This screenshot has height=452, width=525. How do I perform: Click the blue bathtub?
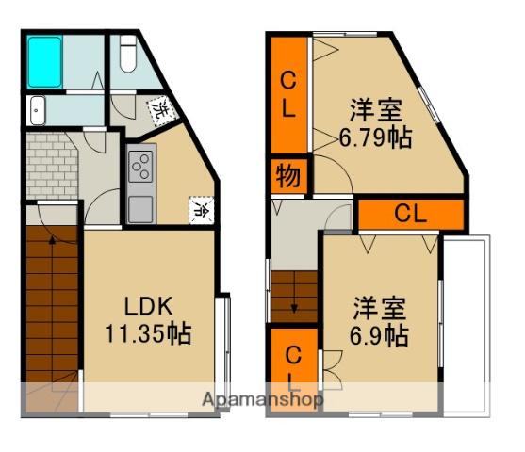point(44,63)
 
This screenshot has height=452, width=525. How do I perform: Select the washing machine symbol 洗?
point(162,110)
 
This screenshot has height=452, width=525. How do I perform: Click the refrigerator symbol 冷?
point(201,208)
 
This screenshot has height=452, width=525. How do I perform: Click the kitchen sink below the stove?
point(140,204)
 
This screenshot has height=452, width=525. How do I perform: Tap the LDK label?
point(147,305)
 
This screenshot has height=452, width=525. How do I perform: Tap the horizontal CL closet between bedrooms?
point(410,213)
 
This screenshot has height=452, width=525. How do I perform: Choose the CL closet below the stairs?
point(293,367)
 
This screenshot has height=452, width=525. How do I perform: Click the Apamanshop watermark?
point(263,399)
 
